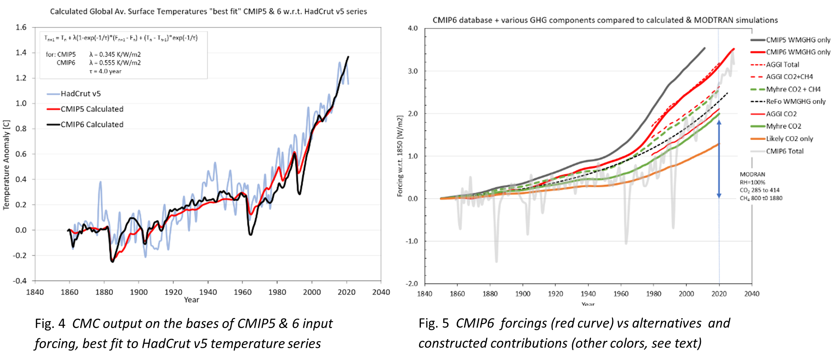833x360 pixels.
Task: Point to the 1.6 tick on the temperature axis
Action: (x=21, y=27)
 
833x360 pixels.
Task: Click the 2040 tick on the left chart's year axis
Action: (x=381, y=292)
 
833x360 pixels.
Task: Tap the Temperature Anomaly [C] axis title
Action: (x=6, y=165)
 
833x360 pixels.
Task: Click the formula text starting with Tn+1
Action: (x=121, y=38)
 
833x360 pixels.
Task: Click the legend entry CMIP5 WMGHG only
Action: (x=798, y=40)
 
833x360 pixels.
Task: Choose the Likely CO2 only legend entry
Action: (x=789, y=138)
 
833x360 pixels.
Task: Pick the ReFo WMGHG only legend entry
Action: (x=796, y=102)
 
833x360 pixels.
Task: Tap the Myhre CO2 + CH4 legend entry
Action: (x=793, y=89)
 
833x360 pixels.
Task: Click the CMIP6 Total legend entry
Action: (x=785, y=151)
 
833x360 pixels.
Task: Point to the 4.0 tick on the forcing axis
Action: (x=413, y=28)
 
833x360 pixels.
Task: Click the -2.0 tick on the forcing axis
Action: (x=412, y=284)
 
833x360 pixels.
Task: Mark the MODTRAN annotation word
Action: (x=752, y=174)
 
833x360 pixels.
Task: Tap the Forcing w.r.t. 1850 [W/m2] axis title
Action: (x=400, y=156)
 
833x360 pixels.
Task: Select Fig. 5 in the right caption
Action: (x=433, y=323)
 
